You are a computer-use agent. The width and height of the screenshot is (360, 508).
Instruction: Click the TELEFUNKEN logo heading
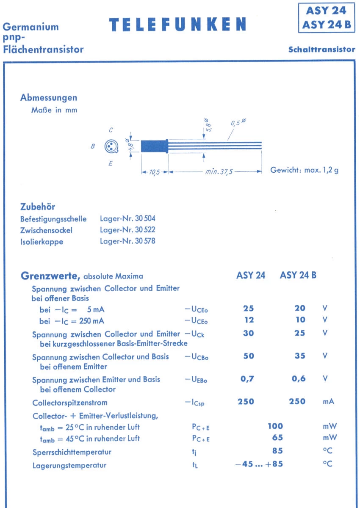(177, 25)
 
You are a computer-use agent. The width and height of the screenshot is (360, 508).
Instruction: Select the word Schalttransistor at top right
(322, 50)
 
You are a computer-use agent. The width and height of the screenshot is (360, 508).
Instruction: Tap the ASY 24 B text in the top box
(326, 25)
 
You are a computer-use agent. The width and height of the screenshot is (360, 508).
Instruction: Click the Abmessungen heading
(49, 98)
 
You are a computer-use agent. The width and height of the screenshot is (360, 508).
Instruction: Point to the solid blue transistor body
(153, 146)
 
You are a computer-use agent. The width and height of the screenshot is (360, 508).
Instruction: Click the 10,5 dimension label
(154, 172)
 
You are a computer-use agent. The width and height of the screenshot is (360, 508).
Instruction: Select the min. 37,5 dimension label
(219, 172)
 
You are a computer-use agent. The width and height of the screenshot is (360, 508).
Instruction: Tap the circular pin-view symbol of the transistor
(111, 146)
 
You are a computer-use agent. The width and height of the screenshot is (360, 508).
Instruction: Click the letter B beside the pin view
(93, 146)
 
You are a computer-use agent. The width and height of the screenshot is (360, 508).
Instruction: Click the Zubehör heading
(38, 207)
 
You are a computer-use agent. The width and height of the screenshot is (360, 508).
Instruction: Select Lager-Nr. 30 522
(127, 230)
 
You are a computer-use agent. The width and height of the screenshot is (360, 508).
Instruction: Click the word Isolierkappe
(42, 242)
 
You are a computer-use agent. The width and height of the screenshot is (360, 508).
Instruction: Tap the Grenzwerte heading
(50, 276)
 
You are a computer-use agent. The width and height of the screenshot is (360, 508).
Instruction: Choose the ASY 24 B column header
(298, 276)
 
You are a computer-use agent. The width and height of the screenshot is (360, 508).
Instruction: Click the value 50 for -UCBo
(249, 356)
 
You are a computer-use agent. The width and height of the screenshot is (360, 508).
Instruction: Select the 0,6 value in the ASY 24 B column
(299, 379)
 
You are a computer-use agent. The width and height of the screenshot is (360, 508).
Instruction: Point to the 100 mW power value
(275, 426)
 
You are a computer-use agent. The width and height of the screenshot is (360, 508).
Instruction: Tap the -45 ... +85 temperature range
(259, 464)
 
